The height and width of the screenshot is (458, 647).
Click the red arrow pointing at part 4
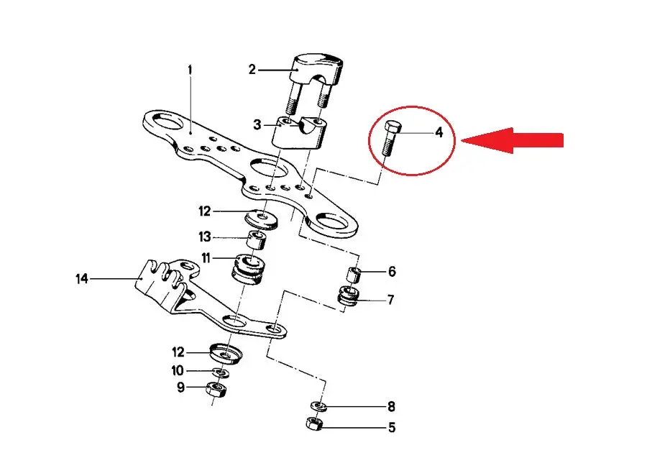pos(512,140)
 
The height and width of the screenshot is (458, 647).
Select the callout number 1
pos(190,70)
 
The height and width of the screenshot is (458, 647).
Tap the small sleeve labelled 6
pos(354,274)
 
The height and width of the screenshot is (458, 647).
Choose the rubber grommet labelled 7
pos(349,296)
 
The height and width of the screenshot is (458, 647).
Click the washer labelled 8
pos(319,406)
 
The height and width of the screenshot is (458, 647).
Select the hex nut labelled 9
pos(216,390)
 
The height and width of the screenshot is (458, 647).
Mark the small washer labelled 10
pos(222,373)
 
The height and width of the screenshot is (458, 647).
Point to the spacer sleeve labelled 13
pos(256,241)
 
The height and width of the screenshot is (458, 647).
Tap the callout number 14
pos(82,279)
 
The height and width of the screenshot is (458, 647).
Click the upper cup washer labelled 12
pos(262,219)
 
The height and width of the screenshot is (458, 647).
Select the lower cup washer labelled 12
pos(225,354)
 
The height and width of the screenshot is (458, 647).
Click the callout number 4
pos(439,132)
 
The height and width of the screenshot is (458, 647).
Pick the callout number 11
pos(206,258)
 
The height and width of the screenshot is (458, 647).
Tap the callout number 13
pos(205,237)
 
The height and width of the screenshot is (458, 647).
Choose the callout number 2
pos(252,70)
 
